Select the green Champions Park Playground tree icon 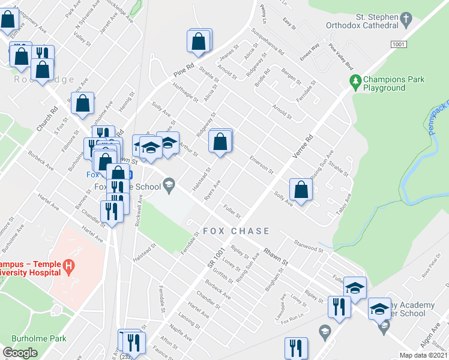[356, 80]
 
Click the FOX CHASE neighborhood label [236, 231]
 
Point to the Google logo [20, 353]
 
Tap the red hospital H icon [70, 265]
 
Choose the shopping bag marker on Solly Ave [300, 190]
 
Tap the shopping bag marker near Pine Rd [199, 42]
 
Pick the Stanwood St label [309, 246]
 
